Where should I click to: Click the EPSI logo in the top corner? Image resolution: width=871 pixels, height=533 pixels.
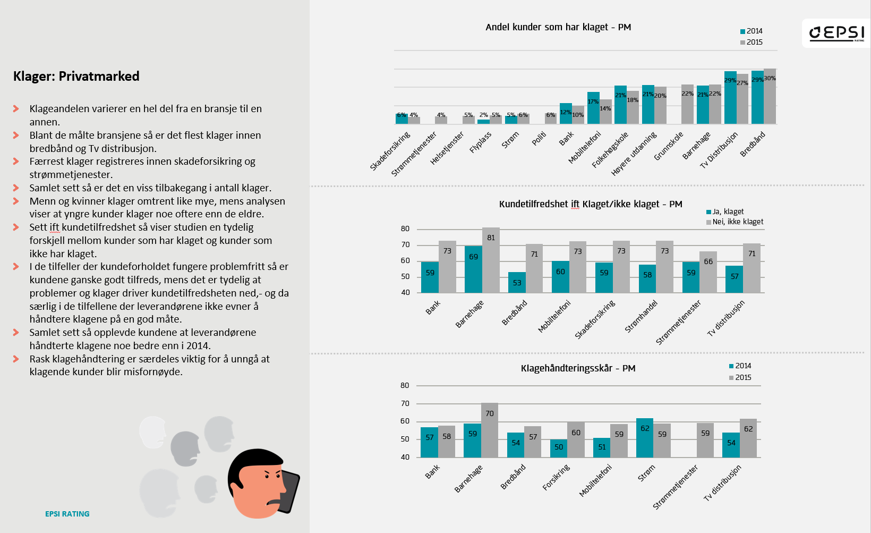(836, 33)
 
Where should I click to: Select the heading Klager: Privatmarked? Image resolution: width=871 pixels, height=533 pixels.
(76, 77)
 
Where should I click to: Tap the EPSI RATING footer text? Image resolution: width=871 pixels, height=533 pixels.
(67, 514)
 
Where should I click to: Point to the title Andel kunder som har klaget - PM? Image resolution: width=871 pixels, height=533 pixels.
(558, 27)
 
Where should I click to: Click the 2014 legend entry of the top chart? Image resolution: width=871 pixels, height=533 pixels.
(752, 31)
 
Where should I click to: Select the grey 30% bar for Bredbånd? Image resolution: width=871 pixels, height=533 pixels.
(770, 96)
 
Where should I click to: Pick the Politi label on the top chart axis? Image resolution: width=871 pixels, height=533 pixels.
(539, 139)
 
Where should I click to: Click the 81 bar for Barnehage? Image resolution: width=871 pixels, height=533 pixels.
(491, 260)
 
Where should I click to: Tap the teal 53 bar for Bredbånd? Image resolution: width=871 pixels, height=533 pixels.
(517, 283)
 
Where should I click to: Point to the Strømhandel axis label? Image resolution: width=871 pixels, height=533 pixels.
(641, 317)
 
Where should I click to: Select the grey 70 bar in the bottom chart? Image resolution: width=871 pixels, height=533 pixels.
(490, 430)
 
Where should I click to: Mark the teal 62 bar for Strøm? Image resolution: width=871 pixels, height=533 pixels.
(645, 438)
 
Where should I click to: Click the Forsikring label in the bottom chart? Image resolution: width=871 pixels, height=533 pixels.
(556, 477)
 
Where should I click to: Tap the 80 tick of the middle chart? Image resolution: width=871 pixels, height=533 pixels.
(405, 229)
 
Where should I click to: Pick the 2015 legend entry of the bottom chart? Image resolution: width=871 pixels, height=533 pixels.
(740, 378)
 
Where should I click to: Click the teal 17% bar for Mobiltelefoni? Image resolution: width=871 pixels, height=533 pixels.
(593, 108)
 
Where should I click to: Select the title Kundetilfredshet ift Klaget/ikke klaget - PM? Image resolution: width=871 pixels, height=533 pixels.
(591, 204)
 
